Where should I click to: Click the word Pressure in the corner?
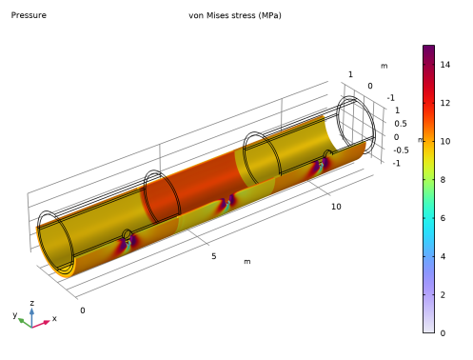[x=29, y=15]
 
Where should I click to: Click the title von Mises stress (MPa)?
[x=235, y=15]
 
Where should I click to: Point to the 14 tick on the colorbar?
[x=445, y=65]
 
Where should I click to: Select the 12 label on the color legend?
[x=445, y=103]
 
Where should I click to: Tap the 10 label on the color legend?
[x=445, y=142]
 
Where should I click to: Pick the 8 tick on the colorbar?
[x=443, y=180]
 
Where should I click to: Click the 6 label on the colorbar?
[x=443, y=218]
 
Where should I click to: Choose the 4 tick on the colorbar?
[x=443, y=256]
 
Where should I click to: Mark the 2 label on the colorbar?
[x=443, y=295]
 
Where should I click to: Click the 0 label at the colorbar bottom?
[x=443, y=333]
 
